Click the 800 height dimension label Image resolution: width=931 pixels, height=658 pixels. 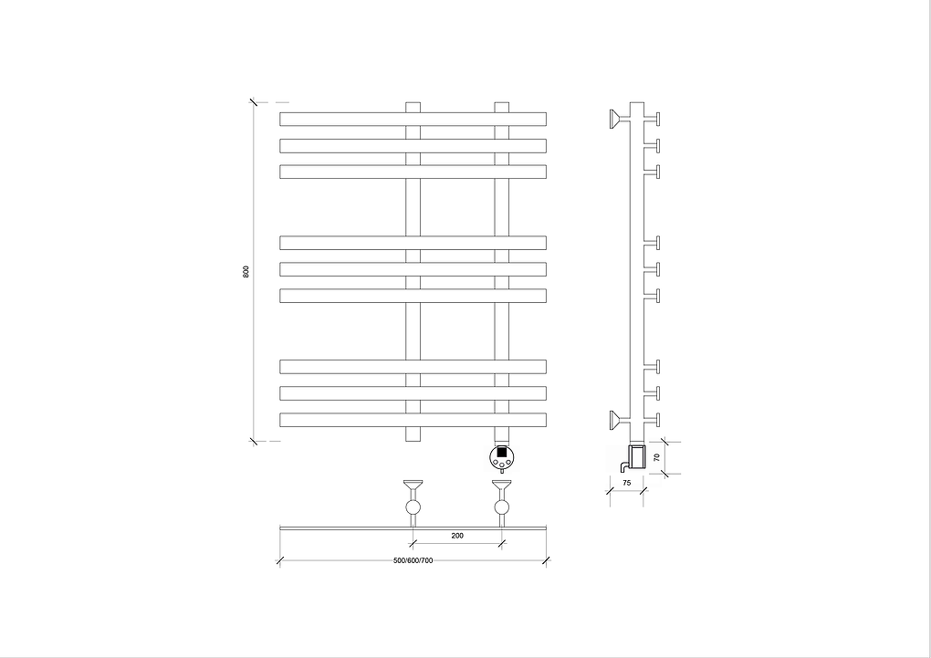click(246, 271)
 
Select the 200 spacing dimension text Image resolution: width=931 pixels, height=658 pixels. click(457, 536)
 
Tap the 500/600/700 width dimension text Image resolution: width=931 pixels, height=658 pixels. click(413, 560)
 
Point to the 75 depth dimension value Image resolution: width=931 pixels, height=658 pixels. click(627, 483)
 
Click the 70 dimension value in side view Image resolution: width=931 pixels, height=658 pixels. click(656, 458)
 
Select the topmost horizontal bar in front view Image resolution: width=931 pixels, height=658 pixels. click(413, 120)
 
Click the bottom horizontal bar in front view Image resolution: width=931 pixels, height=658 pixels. click(413, 420)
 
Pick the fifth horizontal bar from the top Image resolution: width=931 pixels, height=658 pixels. click(413, 269)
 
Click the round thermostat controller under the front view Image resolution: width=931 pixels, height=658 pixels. click(502, 457)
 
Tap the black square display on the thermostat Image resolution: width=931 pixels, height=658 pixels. click(502, 452)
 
